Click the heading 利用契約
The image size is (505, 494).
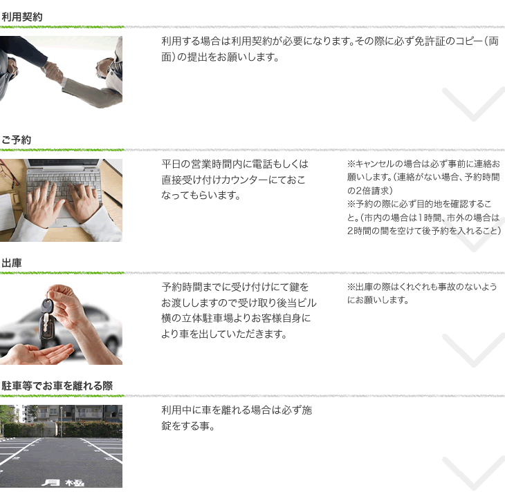click(22, 17)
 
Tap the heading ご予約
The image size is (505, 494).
click(17, 140)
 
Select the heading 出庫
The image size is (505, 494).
click(12, 263)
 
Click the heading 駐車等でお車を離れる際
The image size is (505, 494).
click(57, 386)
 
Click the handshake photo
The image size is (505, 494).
click(61, 72)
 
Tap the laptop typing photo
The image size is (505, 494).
click(61, 200)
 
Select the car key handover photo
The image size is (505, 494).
click(61, 323)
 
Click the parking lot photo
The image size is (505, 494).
click(61, 446)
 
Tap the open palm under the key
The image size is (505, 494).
click(37, 354)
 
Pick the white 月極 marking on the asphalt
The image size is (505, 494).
click(63, 482)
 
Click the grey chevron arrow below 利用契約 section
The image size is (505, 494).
click(473, 104)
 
